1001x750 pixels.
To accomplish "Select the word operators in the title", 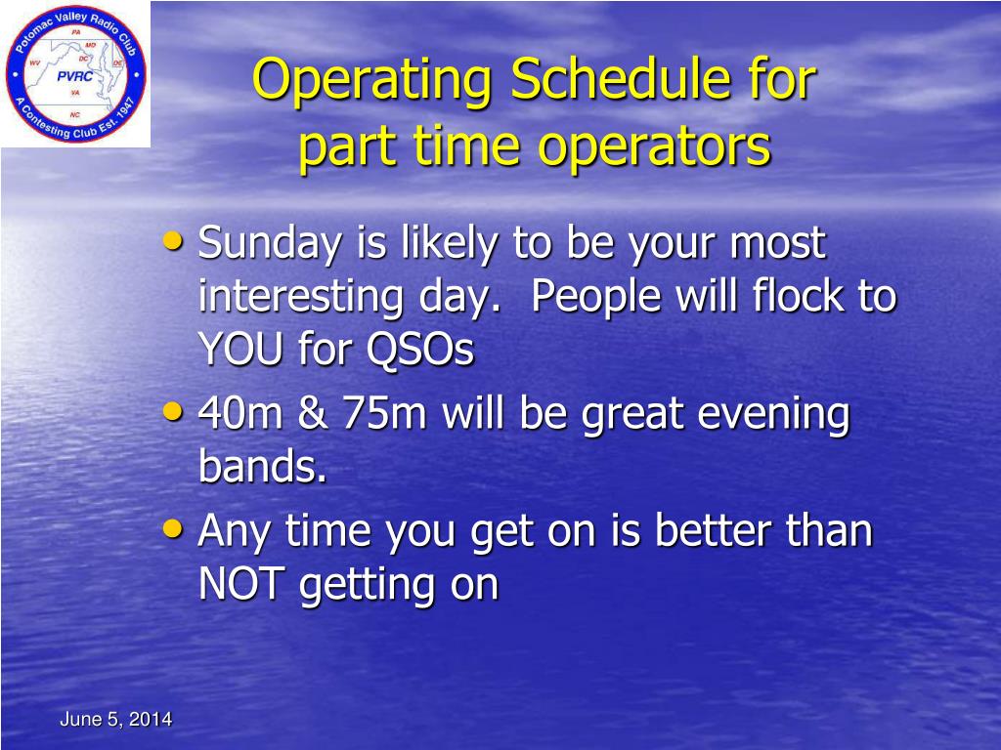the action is coord(658,146).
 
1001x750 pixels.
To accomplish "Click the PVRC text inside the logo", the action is coord(74,76).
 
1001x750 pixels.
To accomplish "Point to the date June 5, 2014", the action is coord(115,720).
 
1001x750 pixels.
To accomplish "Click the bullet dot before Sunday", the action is coord(172,240).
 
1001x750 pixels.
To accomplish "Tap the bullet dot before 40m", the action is coord(172,411).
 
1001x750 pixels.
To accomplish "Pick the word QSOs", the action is coord(420,350).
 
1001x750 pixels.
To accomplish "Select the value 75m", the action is coord(384,413).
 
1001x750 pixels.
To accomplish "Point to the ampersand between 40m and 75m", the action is coord(313,413).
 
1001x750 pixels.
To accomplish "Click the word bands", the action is coord(262,465).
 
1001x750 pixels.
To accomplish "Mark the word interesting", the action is coord(301,298).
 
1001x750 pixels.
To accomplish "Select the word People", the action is coord(596,298).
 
